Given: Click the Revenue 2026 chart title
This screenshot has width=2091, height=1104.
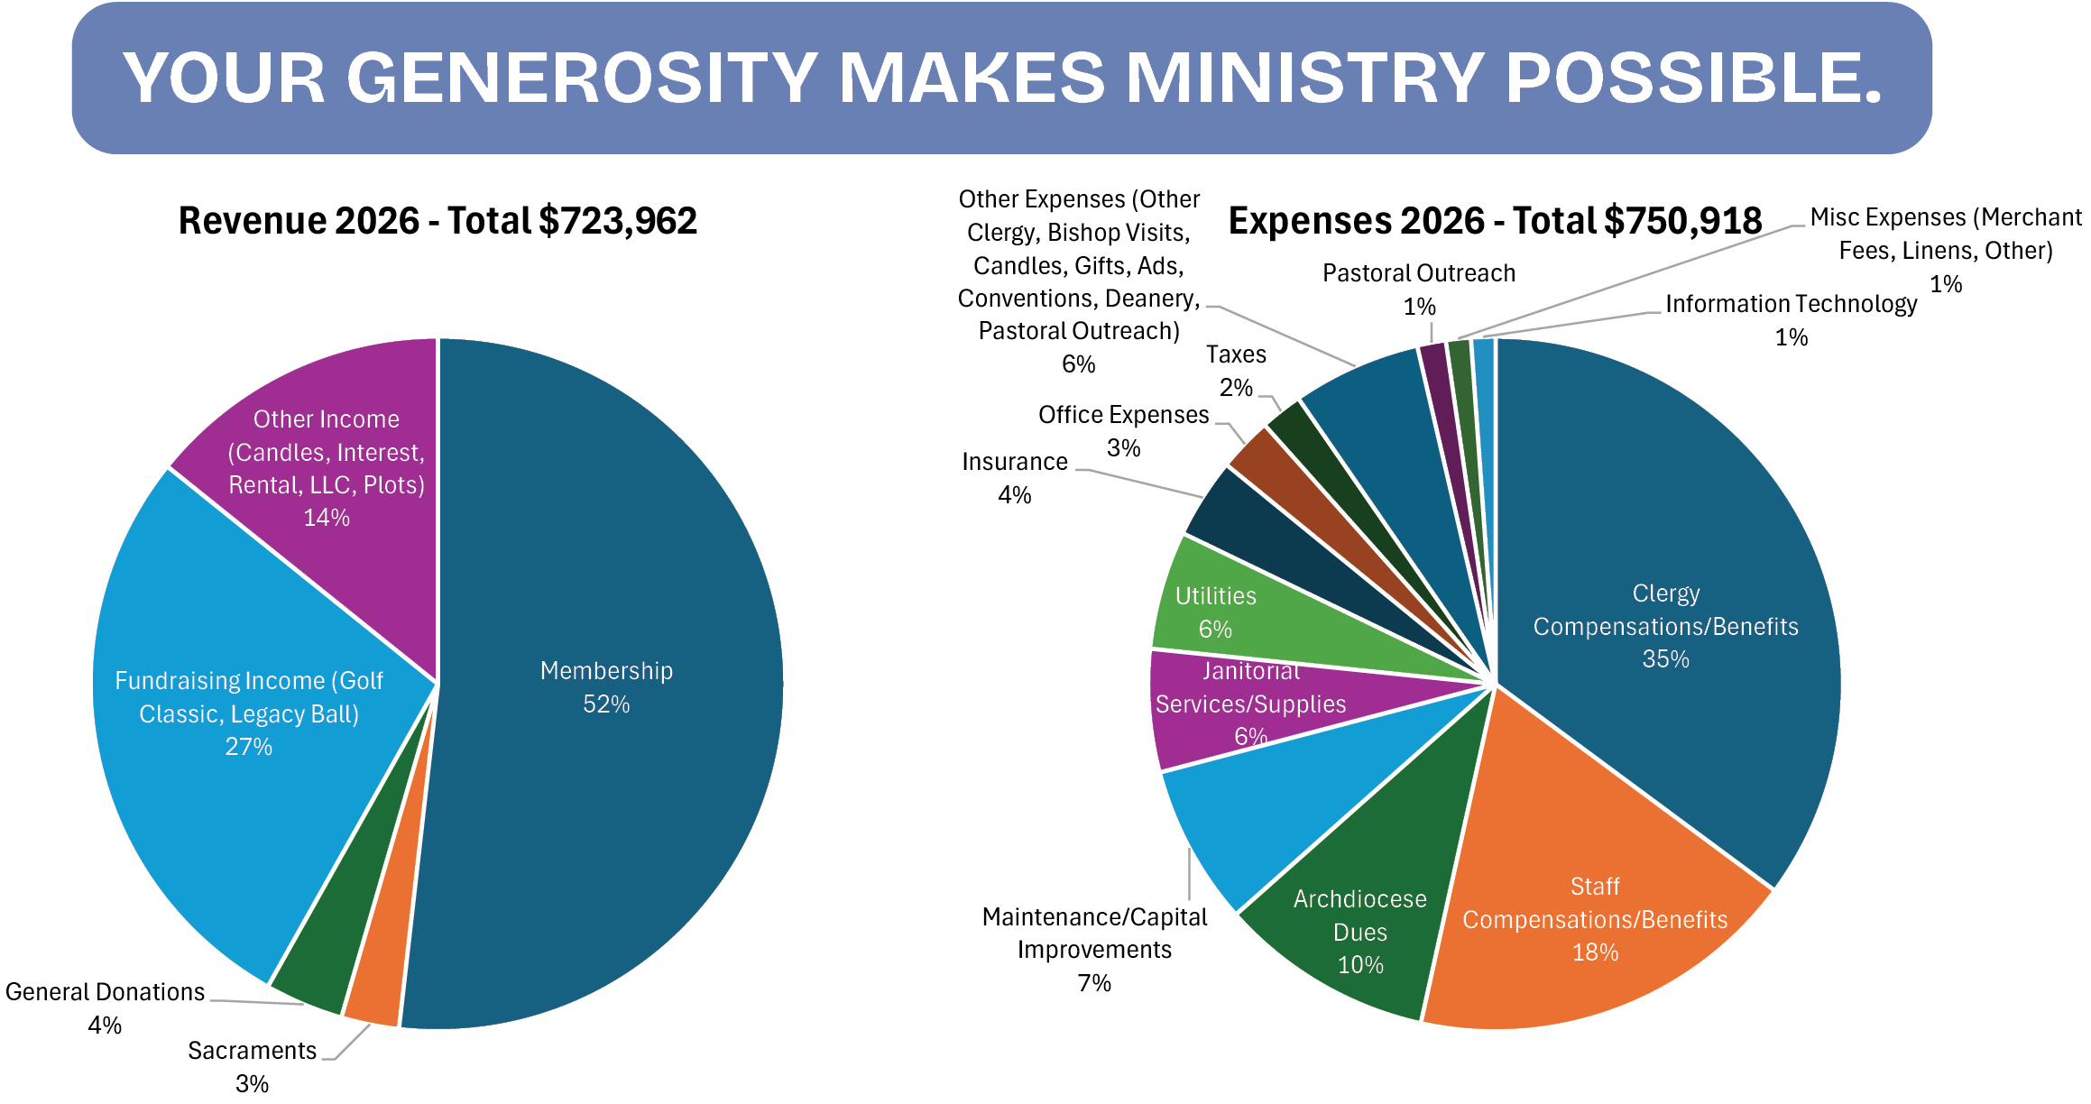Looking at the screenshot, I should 438,221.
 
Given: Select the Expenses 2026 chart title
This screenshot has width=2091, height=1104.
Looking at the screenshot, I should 1495,221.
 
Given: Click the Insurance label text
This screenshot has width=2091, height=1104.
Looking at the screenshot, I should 1014,462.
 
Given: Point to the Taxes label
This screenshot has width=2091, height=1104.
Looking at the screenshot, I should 1236,354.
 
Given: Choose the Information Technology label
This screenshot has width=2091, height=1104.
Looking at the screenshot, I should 1791,304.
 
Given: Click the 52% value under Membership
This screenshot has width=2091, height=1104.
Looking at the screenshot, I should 606,704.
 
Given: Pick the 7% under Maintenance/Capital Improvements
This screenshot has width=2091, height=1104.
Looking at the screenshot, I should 1094,982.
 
